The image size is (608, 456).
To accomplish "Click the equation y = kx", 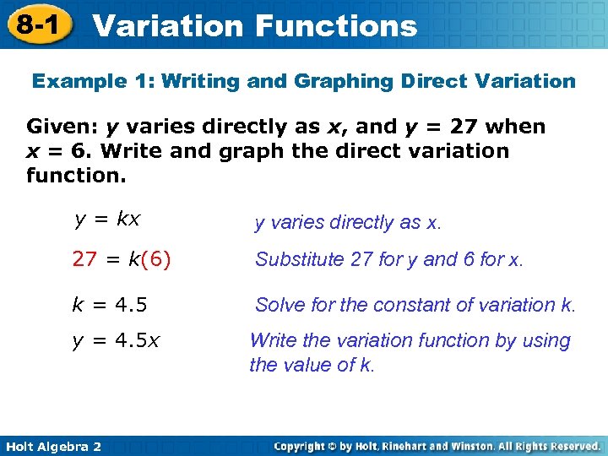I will pos(107,220).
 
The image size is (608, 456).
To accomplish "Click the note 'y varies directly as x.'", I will pos(348,222).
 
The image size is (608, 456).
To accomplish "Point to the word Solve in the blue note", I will pos(277,304).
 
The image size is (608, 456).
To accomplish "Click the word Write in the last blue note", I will pos(271,341).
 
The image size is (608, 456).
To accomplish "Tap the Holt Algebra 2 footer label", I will pos(53,445).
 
